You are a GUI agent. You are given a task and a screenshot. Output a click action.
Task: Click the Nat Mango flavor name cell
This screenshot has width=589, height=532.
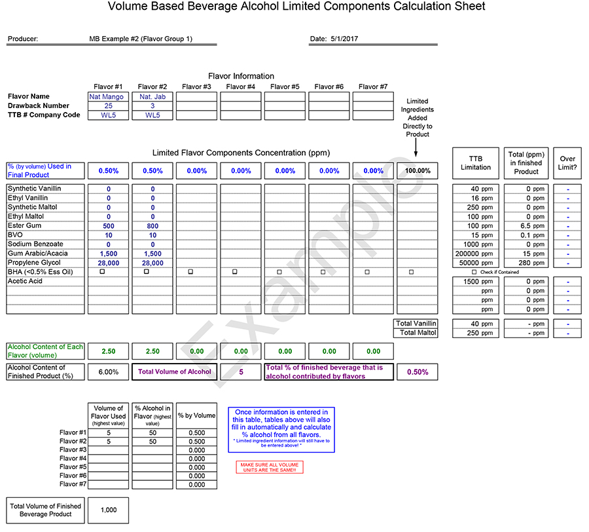coord(108,96)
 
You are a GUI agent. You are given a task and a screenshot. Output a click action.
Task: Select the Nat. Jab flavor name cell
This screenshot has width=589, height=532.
coord(152,96)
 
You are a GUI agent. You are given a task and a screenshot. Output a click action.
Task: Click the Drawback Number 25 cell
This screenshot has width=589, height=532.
coord(108,105)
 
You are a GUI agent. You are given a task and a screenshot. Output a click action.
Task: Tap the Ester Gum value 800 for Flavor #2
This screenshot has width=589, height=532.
coord(152,226)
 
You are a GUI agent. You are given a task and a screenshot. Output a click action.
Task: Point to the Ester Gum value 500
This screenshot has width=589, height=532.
coord(108,226)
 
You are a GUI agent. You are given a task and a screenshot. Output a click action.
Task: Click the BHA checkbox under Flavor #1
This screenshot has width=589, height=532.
coord(102,271)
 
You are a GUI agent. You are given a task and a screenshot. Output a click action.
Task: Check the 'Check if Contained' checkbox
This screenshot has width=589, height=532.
coord(474,272)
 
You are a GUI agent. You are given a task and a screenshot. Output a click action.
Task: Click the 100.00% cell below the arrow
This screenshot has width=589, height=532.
coord(418,171)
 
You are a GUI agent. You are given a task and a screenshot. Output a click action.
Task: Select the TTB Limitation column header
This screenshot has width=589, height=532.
coord(475,162)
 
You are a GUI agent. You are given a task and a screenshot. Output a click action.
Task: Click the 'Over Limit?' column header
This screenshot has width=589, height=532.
coord(567,162)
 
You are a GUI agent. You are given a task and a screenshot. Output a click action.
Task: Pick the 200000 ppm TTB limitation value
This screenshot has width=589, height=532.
coord(475,254)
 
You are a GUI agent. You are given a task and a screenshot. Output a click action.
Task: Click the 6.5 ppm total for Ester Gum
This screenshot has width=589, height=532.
coord(526,226)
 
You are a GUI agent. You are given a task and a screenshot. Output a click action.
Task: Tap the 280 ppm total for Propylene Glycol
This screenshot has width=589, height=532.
coord(526,263)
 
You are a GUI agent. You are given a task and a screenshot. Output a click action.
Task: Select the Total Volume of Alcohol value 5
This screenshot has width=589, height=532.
coord(241,372)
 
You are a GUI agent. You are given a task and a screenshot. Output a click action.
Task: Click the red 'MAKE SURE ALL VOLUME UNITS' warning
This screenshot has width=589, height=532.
coord(270,467)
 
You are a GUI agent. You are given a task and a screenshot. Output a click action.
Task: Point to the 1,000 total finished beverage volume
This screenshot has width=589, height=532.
coord(108,510)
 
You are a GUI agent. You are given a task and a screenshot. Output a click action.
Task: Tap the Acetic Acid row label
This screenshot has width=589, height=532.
coord(25,281)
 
